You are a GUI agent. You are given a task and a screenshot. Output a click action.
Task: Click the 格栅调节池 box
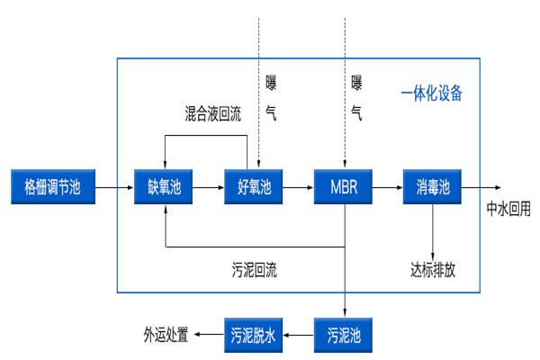(x=51, y=188)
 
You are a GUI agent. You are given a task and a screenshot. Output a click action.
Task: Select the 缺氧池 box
(x=165, y=188)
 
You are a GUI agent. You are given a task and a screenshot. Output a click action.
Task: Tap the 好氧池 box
(x=254, y=188)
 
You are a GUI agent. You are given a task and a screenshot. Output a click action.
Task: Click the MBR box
(x=344, y=188)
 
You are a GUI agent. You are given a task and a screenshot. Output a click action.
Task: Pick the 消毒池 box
(x=432, y=188)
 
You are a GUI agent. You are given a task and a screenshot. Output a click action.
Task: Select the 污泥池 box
(x=344, y=336)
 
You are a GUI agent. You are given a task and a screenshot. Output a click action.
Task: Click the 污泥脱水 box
(x=254, y=336)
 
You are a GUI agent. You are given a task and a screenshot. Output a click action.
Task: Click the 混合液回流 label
(x=208, y=115)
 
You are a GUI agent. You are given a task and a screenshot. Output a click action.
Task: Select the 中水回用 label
(x=508, y=208)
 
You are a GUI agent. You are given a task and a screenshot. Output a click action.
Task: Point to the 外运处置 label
(x=166, y=336)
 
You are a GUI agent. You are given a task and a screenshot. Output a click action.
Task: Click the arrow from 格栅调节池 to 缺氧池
(x=112, y=188)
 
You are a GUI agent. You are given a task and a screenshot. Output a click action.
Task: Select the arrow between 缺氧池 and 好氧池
(x=209, y=188)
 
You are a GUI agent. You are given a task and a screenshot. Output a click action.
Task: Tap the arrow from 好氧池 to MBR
(x=298, y=188)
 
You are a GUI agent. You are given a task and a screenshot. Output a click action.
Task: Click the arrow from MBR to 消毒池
(x=387, y=188)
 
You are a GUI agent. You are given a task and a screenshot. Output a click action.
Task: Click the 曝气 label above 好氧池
(x=271, y=98)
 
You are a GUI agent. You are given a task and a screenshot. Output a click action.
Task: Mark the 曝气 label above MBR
(x=356, y=98)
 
